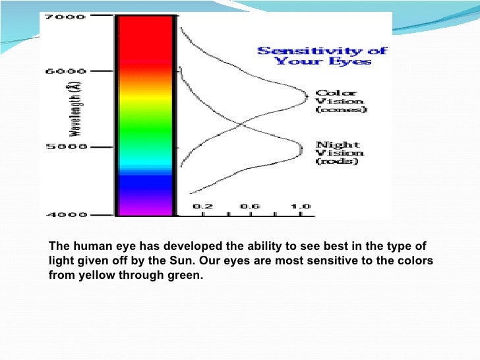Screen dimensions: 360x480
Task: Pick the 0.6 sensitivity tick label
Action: pos(250,206)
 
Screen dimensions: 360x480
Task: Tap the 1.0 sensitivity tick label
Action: pos(302,206)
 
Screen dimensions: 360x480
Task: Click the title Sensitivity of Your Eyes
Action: pos(322,56)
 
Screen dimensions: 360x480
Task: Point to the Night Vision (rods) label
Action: pos(339,152)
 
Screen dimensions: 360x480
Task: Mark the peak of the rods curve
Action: pos(303,150)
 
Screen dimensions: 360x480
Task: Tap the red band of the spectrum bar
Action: pos(145,40)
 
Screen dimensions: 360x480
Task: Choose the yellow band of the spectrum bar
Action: pos(145,99)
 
